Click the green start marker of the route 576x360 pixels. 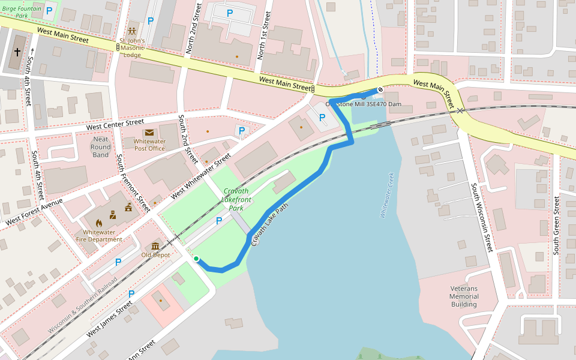196,259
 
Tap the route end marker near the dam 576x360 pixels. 380,91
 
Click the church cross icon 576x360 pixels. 17,53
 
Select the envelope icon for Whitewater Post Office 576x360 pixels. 149,133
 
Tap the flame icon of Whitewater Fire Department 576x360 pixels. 91,223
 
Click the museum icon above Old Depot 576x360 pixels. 155,246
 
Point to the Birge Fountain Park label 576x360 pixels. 22,12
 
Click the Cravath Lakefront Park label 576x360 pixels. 235,199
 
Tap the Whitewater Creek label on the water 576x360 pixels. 386,195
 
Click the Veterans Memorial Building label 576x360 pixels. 464,296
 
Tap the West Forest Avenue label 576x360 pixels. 35,212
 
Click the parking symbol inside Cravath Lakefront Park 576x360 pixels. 218,221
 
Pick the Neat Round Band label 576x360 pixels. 101,147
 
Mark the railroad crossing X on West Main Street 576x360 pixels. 460,110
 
